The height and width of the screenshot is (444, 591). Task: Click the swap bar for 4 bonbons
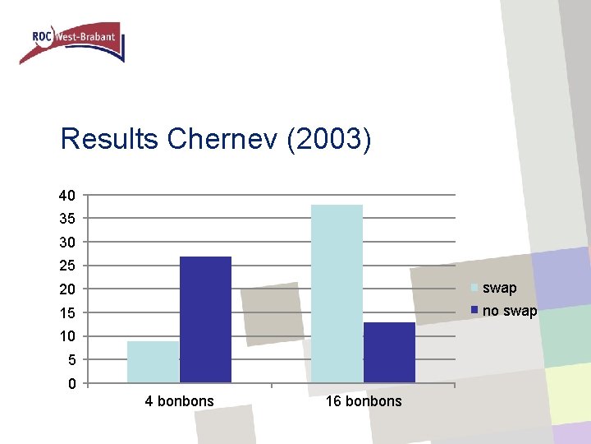click(153, 362)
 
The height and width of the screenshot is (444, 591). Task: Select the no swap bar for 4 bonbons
click(205, 319)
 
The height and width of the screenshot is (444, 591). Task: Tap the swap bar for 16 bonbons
click(337, 293)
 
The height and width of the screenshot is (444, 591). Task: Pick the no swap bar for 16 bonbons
click(389, 352)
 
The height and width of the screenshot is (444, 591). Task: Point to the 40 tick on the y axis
click(67, 196)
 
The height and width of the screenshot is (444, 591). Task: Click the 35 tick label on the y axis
click(67, 219)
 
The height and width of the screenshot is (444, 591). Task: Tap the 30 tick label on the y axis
click(67, 243)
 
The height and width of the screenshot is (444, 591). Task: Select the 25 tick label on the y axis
click(67, 266)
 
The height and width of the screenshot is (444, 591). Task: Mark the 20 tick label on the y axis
click(67, 289)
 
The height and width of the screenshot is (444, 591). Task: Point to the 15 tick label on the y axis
click(67, 313)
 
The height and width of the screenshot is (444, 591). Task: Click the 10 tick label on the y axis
click(67, 336)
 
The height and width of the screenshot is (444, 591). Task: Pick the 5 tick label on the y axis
click(71, 360)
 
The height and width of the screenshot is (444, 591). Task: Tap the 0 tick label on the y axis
click(71, 384)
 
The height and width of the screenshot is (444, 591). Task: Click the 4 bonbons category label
click(179, 401)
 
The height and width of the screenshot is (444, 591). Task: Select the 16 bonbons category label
click(364, 401)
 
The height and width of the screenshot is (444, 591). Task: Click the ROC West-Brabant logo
click(72, 41)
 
